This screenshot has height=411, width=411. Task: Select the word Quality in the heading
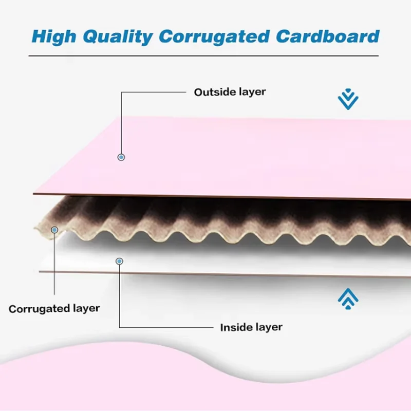[125, 36]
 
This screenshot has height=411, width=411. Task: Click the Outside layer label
[230, 92]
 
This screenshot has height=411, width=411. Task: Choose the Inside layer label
[251, 327]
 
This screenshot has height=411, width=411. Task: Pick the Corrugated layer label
[54, 309]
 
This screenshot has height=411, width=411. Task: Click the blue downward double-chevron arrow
[348, 99]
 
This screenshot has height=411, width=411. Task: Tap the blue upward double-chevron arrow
[348, 297]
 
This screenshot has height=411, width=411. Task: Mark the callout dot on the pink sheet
[122, 157]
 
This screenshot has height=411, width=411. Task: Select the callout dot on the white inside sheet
[119, 261]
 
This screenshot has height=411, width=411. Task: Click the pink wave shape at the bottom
[206, 380]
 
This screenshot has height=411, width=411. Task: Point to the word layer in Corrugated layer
[87, 309]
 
